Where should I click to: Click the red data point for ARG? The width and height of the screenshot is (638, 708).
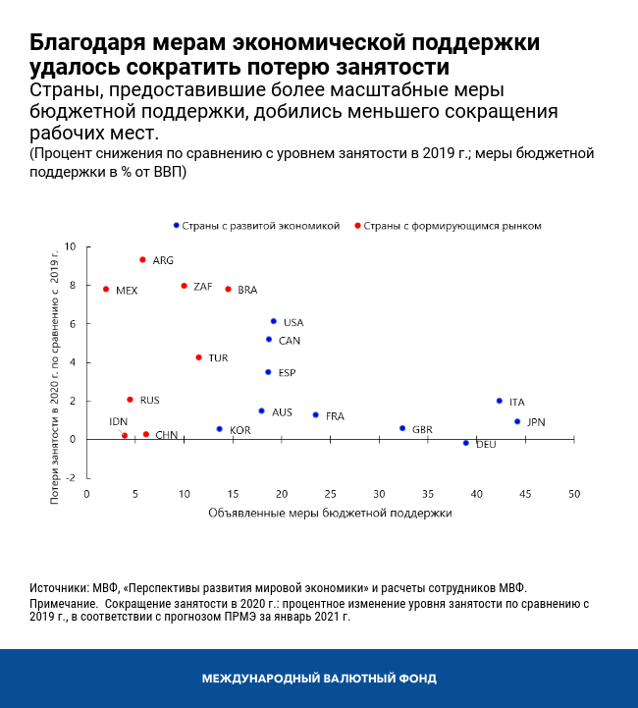142,259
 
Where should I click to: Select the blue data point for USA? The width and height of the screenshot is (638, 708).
274,321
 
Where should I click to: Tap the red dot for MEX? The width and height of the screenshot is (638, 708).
106,289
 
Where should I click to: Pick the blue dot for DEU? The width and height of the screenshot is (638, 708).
466,443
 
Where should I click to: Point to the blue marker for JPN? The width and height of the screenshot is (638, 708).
517,421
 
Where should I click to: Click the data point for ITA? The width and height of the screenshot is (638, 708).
500,401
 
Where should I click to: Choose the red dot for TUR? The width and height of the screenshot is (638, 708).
198,357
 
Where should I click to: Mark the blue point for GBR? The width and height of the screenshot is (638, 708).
402,428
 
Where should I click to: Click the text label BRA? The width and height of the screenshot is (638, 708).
247,290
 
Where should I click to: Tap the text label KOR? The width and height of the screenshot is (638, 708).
240,430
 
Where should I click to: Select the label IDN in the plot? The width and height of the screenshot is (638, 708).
119,421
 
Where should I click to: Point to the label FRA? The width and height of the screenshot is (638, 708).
335,416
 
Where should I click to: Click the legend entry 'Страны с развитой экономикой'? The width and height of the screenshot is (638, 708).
260,225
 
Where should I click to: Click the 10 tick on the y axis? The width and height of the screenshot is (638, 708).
70,246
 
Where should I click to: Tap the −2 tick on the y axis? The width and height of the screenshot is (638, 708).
70,478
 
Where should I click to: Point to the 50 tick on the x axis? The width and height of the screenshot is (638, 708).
573,493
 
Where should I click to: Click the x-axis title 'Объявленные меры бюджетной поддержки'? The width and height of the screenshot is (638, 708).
330,513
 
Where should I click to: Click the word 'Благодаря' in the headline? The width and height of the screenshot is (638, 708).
88,44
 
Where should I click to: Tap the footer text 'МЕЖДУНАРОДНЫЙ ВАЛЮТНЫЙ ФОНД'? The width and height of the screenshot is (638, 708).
319,679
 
